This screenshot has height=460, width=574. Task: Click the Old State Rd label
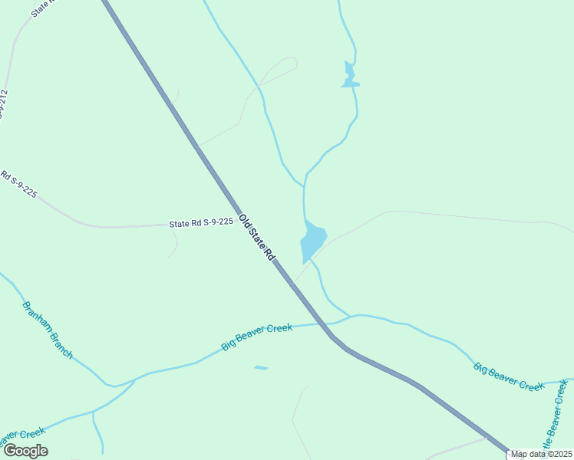coord(256,239)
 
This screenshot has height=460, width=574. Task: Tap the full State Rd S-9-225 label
coord(200,223)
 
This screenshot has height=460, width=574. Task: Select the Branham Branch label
coord(47,330)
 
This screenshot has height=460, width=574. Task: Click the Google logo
coord(25,451)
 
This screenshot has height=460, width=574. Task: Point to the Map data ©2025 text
coord(542,454)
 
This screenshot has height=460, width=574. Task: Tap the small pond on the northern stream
coord(350,76)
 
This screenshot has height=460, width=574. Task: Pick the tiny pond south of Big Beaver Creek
coord(261,368)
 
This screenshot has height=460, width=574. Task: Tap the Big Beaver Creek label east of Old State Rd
coord(509,376)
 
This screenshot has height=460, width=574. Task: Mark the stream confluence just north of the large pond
coord(305,186)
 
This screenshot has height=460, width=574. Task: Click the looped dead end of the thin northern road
coord(289,63)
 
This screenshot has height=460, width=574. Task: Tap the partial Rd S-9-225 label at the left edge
coord(18,185)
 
